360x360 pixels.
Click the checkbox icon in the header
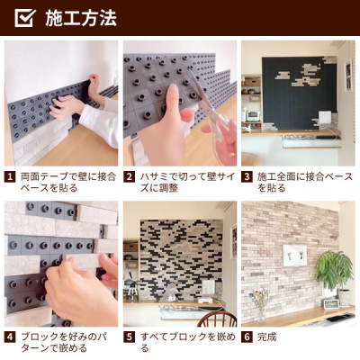click(x=25, y=18)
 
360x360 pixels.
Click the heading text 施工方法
click(x=81, y=18)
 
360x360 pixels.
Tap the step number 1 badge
click(x=10, y=177)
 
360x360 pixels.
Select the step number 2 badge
click(x=129, y=177)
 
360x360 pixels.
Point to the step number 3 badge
click(x=247, y=177)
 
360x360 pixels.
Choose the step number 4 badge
click(x=10, y=337)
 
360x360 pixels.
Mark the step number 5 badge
click(x=129, y=337)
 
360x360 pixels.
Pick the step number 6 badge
click(x=247, y=337)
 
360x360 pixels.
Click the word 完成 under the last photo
click(x=266, y=337)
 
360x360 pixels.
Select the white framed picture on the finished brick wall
click(x=294, y=256)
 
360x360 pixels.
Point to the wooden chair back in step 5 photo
click(x=217, y=319)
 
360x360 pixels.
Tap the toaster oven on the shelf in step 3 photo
click(x=253, y=115)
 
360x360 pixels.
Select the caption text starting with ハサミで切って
click(x=188, y=183)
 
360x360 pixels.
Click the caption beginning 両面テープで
click(x=68, y=183)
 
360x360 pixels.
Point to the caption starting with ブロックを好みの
click(x=64, y=343)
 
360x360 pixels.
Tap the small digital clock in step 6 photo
click(x=331, y=303)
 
